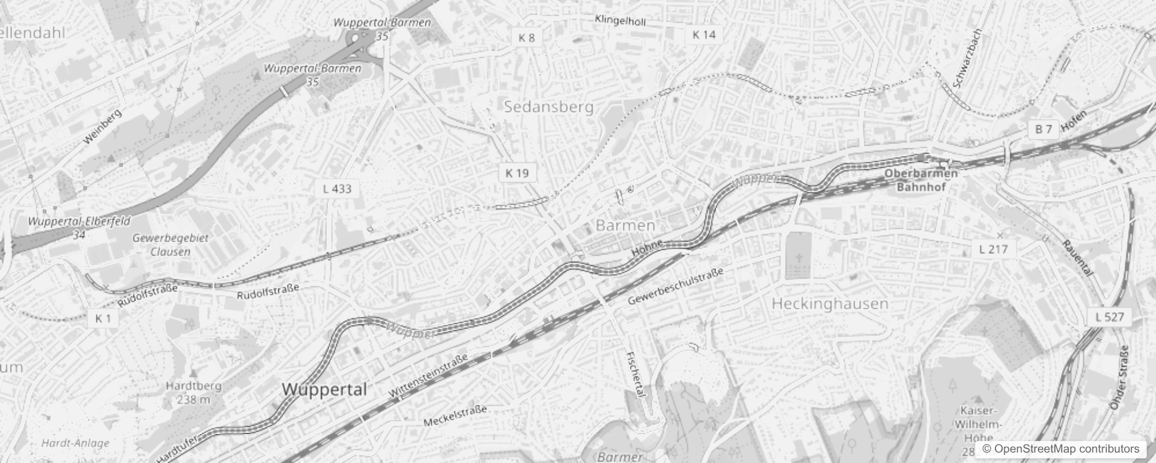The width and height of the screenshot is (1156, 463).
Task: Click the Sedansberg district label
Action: click(x=548, y=106)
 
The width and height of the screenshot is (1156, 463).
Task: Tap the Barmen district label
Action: click(x=625, y=225)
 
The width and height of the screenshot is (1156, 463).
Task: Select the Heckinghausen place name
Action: click(x=830, y=304)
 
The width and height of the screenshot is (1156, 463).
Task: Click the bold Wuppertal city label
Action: click(x=324, y=389)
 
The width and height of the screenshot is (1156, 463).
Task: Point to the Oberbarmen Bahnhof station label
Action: click(x=921, y=180)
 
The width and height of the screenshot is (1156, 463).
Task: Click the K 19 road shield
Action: click(x=517, y=173)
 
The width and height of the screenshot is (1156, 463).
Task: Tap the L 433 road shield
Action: click(x=337, y=189)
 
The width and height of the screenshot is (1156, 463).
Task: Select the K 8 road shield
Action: click(x=526, y=38)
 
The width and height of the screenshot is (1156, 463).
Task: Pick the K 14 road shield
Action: click(x=704, y=35)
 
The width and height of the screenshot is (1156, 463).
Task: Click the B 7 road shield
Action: click(x=1043, y=129)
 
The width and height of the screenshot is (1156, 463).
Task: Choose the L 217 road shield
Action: click(x=993, y=249)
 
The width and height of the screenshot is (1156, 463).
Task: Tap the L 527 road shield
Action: click(x=1109, y=317)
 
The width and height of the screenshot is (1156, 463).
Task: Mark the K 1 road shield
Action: click(x=103, y=318)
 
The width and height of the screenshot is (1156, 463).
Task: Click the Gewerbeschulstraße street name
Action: click(x=675, y=286)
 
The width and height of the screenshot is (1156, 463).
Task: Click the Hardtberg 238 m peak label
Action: click(x=193, y=392)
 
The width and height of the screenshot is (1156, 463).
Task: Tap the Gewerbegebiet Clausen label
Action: click(x=170, y=245)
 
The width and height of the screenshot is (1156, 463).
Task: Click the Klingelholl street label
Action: click(x=620, y=21)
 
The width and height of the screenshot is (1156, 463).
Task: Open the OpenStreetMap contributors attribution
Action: click(x=1060, y=449)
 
